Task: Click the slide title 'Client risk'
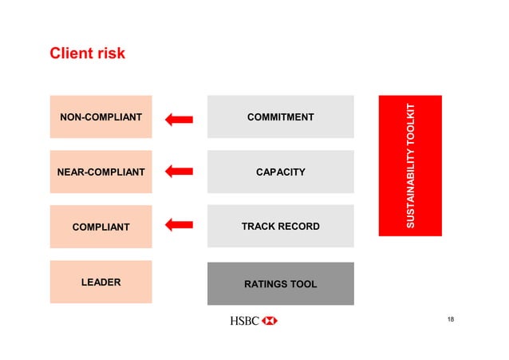point(88,54)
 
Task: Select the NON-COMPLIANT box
point(101,117)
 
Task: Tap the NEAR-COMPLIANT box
point(101,172)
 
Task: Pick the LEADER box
point(101,282)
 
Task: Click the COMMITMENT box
point(280,117)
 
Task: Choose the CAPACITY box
point(280,172)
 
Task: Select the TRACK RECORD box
point(280,227)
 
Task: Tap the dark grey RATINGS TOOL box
point(280,283)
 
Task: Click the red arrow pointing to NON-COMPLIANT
point(180,119)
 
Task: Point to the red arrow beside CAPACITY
point(180,171)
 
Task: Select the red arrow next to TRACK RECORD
point(180,225)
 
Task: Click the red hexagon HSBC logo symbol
point(270,321)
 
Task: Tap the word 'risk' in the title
point(111,54)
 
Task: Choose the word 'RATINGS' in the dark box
point(265,284)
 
